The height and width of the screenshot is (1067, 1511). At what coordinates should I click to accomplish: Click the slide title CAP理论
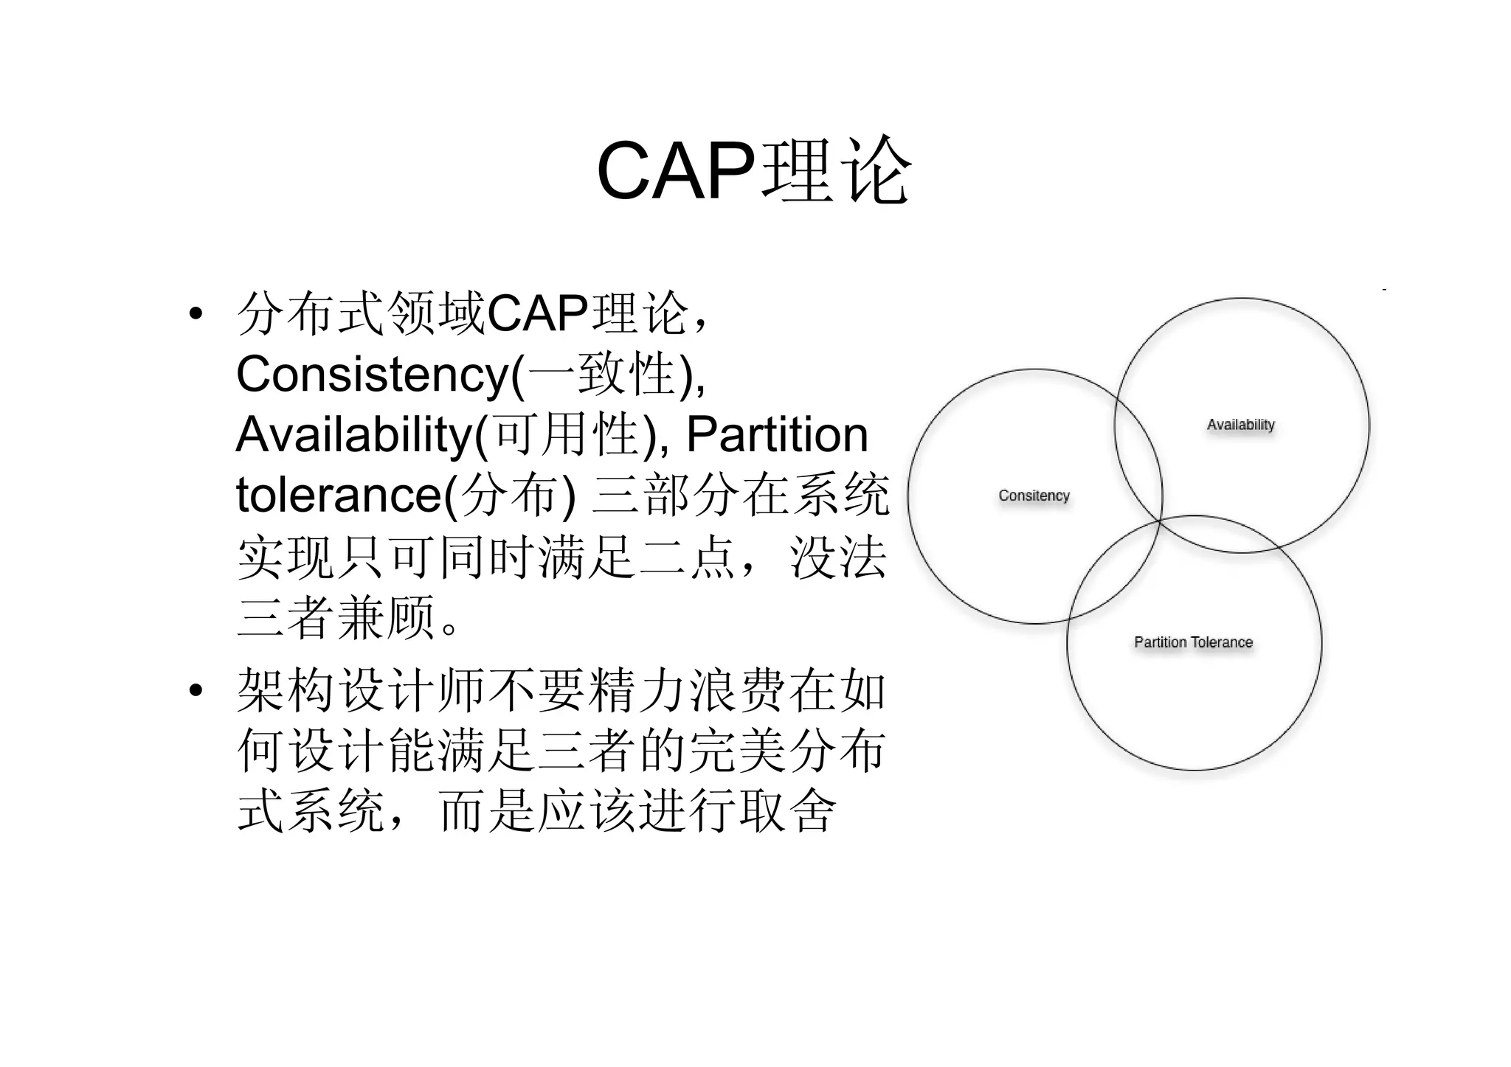pos(753,171)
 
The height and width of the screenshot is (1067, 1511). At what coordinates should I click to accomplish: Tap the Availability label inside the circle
pos(1240,425)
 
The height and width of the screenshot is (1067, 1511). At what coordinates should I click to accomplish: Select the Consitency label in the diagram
pos(1034,496)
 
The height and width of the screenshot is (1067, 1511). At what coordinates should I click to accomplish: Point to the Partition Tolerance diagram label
pos(1193,642)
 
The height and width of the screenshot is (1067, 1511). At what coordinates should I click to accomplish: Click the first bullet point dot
pos(196,313)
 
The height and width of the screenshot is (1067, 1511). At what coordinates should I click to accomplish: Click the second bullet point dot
pos(196,691)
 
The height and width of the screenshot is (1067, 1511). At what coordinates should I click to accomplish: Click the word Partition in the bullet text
pos(777,434)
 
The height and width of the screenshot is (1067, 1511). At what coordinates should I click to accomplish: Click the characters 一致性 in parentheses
pos(601,374)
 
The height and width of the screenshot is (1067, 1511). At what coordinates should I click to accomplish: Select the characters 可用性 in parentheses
pos(567,434)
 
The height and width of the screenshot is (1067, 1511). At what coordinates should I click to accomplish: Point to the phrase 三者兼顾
pos(336,616)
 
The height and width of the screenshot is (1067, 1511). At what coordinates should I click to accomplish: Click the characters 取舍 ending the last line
pos(786,811)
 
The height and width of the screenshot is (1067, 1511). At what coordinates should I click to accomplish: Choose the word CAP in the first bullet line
pos(537,313)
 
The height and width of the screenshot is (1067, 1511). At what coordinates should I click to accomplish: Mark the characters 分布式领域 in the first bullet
pos(362,313)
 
